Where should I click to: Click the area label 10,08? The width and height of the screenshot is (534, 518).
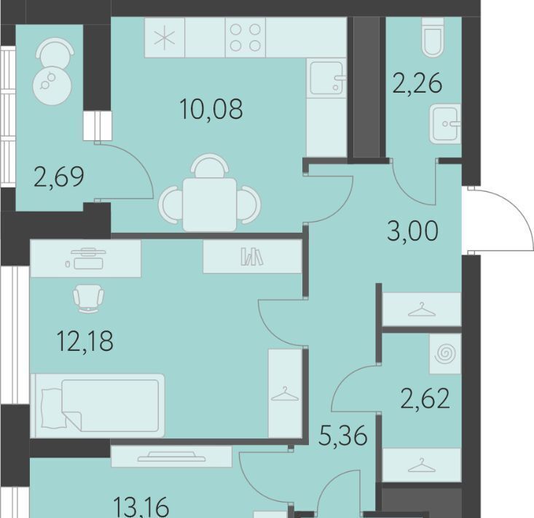point(211,109)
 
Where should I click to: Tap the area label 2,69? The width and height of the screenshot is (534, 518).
point(59,177)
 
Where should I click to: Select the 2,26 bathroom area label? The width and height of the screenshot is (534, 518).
point(417,83)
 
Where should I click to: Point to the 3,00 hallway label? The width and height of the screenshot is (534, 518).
point(413,231)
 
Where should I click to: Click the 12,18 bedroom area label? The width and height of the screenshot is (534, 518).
point(85,341)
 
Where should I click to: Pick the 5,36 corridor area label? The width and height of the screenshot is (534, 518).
point(343,436)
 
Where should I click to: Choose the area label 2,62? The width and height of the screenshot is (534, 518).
point(425,398)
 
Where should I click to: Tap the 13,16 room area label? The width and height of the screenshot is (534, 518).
point(141,508)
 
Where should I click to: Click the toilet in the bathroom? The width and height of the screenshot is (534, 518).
point(433,36)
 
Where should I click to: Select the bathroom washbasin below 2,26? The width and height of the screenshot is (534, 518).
point(445,124)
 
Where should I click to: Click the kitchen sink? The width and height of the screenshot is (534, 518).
point(327,78)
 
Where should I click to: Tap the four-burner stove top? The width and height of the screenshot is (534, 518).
point(246,37)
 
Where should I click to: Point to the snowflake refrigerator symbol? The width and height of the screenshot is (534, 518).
point(165,37)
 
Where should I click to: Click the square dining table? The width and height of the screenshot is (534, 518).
point(209,204)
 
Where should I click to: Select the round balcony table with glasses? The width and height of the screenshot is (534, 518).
point(52,85)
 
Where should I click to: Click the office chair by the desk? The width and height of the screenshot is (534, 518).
point(89,298)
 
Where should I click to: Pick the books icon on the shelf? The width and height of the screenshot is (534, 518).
point(251,257)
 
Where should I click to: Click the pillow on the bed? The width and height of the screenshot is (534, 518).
point(53,408)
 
